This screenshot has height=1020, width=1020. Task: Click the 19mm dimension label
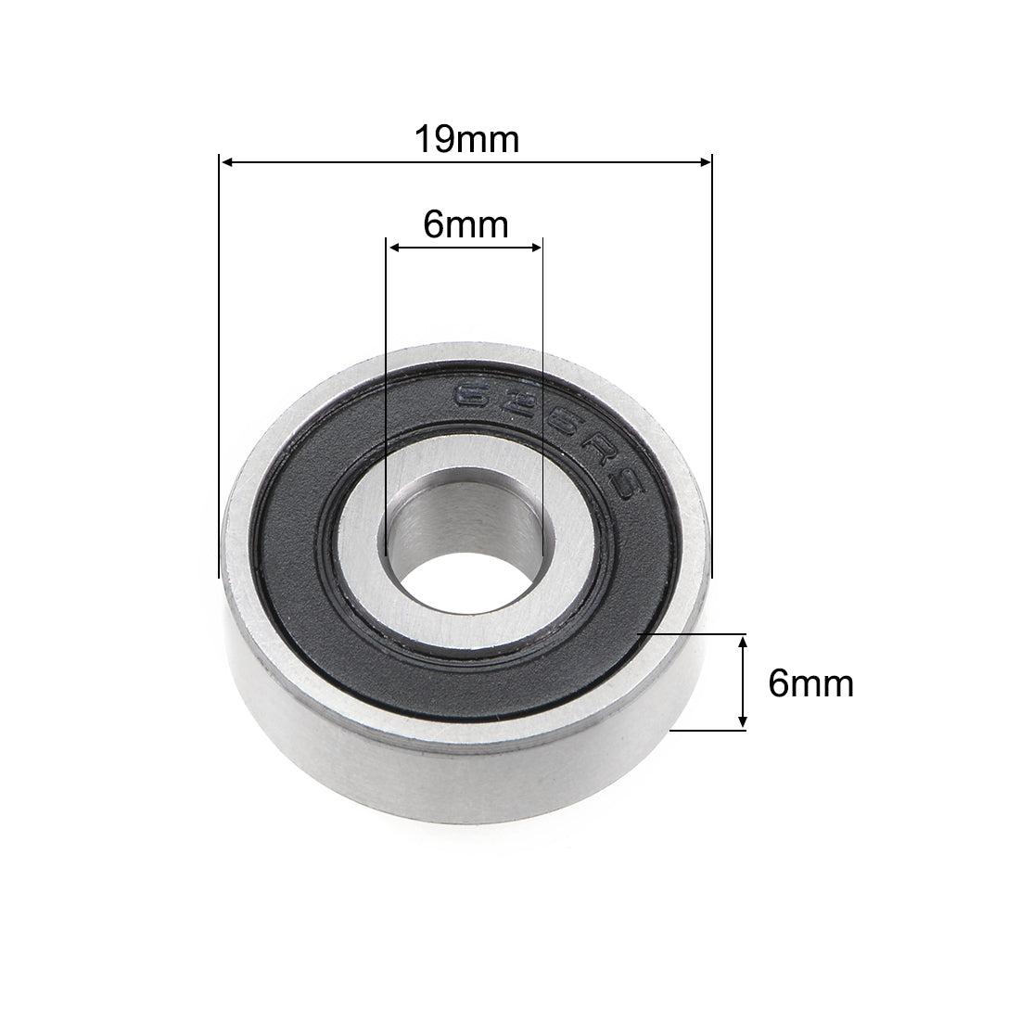click(465, 139)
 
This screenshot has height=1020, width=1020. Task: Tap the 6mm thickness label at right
click(810, 684)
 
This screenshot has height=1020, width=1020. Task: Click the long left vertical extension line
click(219, 371)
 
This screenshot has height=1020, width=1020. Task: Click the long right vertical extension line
click(711, 371)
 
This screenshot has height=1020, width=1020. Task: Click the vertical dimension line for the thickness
click(743, 682)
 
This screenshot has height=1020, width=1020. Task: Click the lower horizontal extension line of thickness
click(709, 731)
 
